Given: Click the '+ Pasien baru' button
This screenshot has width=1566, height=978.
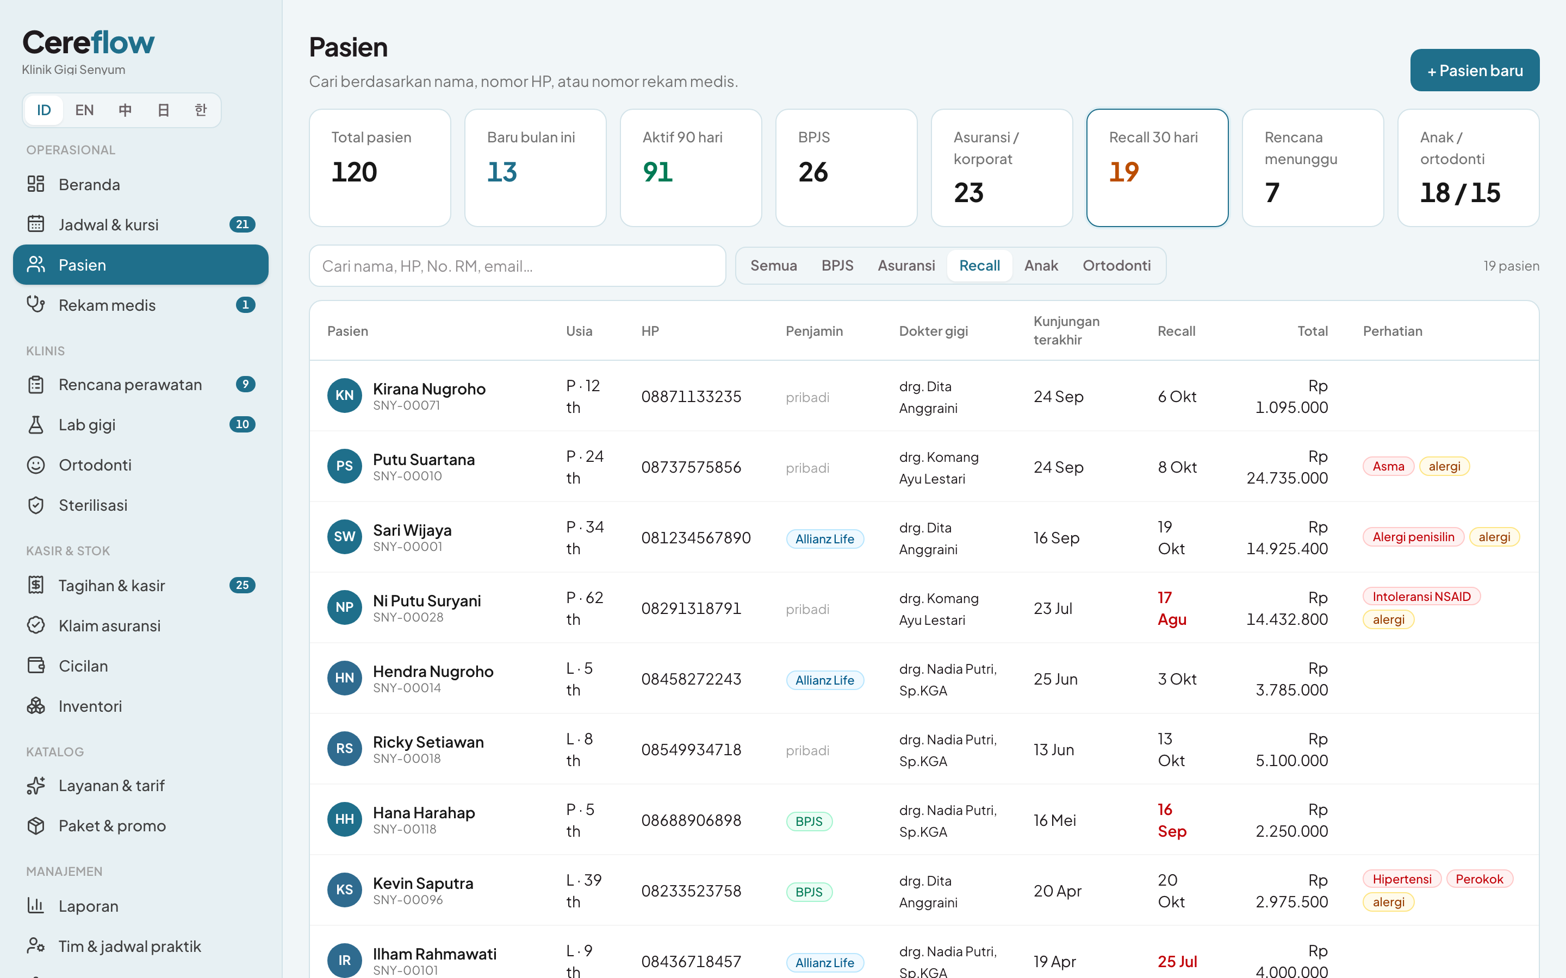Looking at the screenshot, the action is pos(1474,70).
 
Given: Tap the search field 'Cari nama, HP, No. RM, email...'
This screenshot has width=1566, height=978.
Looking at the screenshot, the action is pos(517,266).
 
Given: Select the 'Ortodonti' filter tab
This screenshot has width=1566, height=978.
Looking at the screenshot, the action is pos(1116,266).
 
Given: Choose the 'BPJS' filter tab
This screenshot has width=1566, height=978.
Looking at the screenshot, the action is pos(837,266).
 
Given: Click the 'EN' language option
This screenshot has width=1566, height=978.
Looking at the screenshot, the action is pos(84,110).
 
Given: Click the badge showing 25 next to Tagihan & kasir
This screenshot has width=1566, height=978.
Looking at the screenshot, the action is pos(242,585).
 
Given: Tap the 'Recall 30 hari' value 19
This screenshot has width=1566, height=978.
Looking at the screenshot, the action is pos(1123,172).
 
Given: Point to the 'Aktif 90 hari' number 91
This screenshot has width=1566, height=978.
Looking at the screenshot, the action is pos(657,172).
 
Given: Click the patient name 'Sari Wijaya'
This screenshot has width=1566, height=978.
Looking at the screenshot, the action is pos(412,530).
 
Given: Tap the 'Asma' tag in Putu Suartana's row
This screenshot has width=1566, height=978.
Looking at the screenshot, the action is pos(1388,466).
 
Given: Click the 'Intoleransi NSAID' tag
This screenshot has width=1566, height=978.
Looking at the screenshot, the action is pos(1421,597).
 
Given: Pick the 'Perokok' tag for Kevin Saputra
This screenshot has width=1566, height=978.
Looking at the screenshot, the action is pos(1480,879).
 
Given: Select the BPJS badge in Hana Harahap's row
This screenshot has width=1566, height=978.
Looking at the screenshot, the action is pos(809,822).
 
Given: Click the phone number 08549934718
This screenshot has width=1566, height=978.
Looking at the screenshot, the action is pos(691,750).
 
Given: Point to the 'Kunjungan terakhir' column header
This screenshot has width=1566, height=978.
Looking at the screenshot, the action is pos(1066,330).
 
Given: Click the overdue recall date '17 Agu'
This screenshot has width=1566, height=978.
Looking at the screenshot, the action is pos(1171,609).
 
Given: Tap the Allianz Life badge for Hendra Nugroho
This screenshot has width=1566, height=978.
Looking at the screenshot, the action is pos(824,680).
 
